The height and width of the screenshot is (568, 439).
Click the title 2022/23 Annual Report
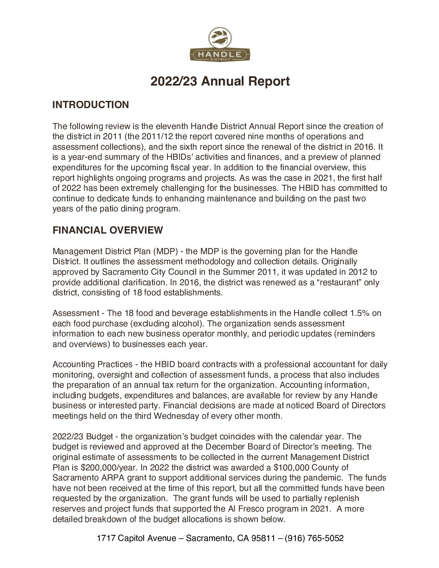pos(220,81)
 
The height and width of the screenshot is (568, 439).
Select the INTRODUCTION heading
pos(90,105)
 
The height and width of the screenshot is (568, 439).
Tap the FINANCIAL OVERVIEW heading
pos(108,230)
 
